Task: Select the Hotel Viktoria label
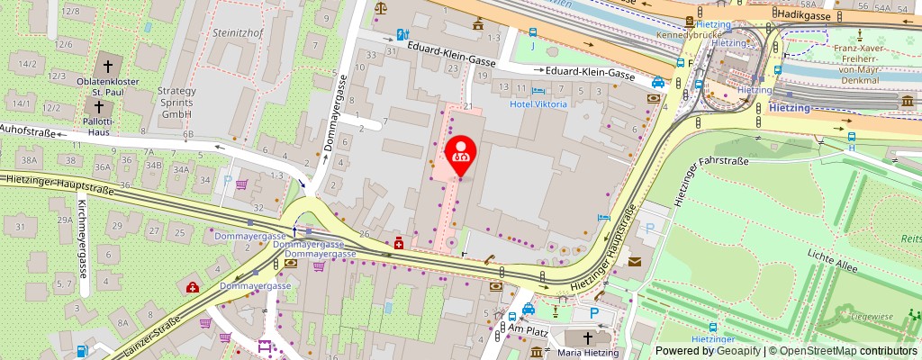pos(538,104)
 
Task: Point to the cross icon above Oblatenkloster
pos(108,66)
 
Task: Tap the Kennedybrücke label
pos(684,35)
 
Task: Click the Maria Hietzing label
pos(590,353)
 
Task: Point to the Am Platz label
pos(529,330)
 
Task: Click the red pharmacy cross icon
pos(398,242)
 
